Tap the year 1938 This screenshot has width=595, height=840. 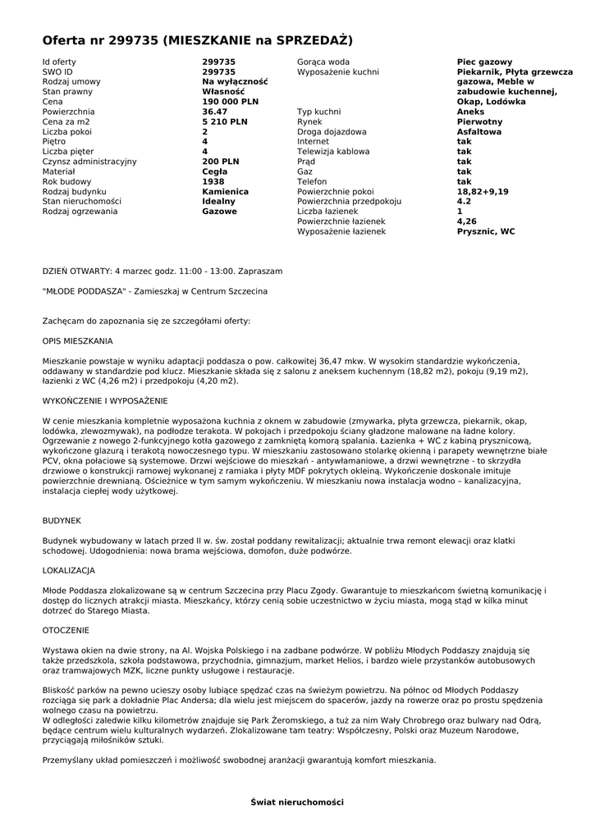point(213,181)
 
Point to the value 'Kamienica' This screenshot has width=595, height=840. point(225,191)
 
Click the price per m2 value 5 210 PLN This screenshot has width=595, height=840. point(225,121)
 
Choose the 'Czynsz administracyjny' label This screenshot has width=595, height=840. point(89,162)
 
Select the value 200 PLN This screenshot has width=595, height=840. point(221,162)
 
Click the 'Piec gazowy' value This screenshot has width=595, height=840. point(484,62)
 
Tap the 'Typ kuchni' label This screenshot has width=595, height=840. point(320,112)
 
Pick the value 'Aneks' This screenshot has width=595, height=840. point(470,112)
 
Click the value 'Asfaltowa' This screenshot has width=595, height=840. point(480,131)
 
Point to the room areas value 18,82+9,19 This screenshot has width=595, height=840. point(483,191)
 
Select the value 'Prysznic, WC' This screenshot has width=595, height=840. point(486,231)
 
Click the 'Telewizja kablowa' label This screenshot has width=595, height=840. point(333,152)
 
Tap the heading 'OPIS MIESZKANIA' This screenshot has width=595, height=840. point(78,340)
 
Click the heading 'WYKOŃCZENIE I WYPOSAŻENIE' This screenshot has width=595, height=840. point(105,400)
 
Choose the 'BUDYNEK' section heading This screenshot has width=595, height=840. point(62,520)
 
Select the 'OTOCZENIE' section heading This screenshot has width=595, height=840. point(66,630)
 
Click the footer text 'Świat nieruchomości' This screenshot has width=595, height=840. point(297,801)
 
